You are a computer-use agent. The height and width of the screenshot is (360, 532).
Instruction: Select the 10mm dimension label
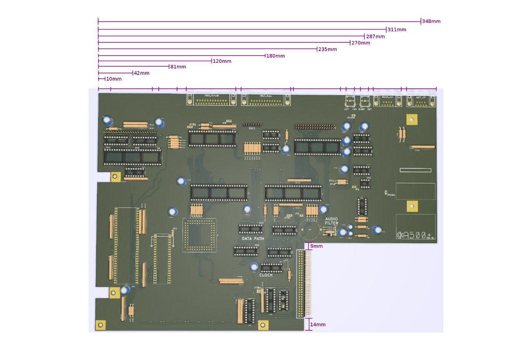tap(114, 79)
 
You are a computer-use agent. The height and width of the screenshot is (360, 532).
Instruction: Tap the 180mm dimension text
tap(276, 56)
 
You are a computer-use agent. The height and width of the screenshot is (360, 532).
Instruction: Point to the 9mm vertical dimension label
tap(317, 247)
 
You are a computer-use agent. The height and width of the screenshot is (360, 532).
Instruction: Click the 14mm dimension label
tap(318, 324)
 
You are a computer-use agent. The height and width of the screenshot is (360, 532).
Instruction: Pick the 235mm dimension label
tap(328, 49)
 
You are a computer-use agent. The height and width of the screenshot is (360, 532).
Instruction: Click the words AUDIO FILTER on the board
tap(332, 221)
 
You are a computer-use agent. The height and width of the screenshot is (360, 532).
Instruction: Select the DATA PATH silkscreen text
tap(253, 239)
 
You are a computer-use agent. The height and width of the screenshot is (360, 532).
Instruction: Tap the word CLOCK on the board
tap(266, 275)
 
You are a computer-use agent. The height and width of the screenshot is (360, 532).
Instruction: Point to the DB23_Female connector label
tap(211, 96)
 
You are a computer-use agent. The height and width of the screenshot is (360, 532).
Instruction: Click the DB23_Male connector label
tap(266, 96)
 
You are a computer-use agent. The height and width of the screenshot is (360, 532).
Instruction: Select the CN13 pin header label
tap(252, 129)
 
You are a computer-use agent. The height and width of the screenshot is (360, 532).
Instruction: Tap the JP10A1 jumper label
tap(391, 195)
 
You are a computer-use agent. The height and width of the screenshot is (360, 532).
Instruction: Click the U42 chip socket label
tap(368, 178)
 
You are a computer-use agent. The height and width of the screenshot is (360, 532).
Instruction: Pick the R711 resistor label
tap(332, 180)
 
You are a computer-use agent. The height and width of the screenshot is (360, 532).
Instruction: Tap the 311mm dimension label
tap(397, 30)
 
